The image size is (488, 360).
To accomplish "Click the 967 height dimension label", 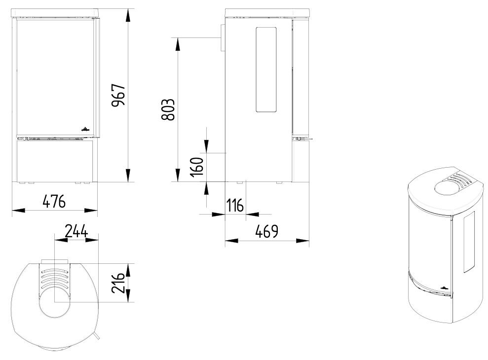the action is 118,95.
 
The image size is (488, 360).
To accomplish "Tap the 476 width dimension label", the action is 54,201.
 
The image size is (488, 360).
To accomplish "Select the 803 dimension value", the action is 168,109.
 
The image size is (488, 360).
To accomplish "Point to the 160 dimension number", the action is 197,167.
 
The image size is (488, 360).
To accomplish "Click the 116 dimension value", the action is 235,206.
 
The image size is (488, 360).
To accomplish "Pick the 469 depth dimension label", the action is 267,231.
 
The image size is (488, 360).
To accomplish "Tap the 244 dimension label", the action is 76,231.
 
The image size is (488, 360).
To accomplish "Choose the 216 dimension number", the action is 118,283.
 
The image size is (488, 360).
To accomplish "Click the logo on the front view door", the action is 85,129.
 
